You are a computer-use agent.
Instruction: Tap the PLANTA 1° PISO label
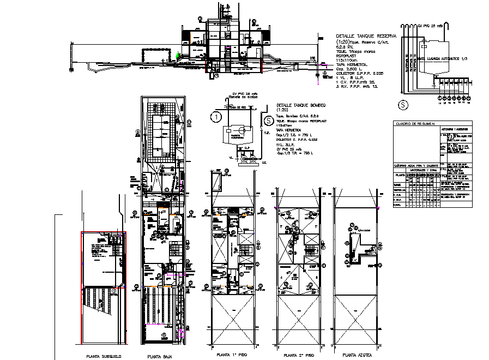click(231, 355)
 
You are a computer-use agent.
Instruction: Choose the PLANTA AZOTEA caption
click(358, 355)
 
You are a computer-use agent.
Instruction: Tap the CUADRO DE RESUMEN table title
click(415, 124)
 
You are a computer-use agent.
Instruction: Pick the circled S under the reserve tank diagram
click(403, 104)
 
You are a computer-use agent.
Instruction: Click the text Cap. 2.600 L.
click(349, 69)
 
